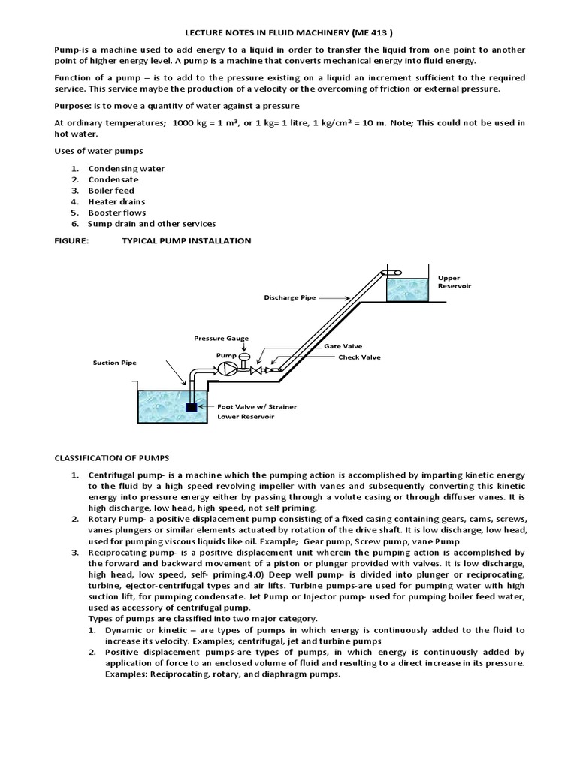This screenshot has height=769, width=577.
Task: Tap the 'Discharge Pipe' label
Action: point(289,297)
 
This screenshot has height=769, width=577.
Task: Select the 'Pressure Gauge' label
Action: point(221,339)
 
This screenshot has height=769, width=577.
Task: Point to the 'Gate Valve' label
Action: point(343,346)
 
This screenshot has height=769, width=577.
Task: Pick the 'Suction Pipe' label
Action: point(114,362)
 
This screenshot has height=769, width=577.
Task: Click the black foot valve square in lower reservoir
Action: point(191,407)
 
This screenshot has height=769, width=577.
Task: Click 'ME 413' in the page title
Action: point(374,32)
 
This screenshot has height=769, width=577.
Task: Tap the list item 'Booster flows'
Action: point(116,213)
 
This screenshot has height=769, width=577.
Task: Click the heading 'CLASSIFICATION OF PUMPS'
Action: point(111,457)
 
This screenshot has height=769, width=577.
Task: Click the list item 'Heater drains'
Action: point(116,201)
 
